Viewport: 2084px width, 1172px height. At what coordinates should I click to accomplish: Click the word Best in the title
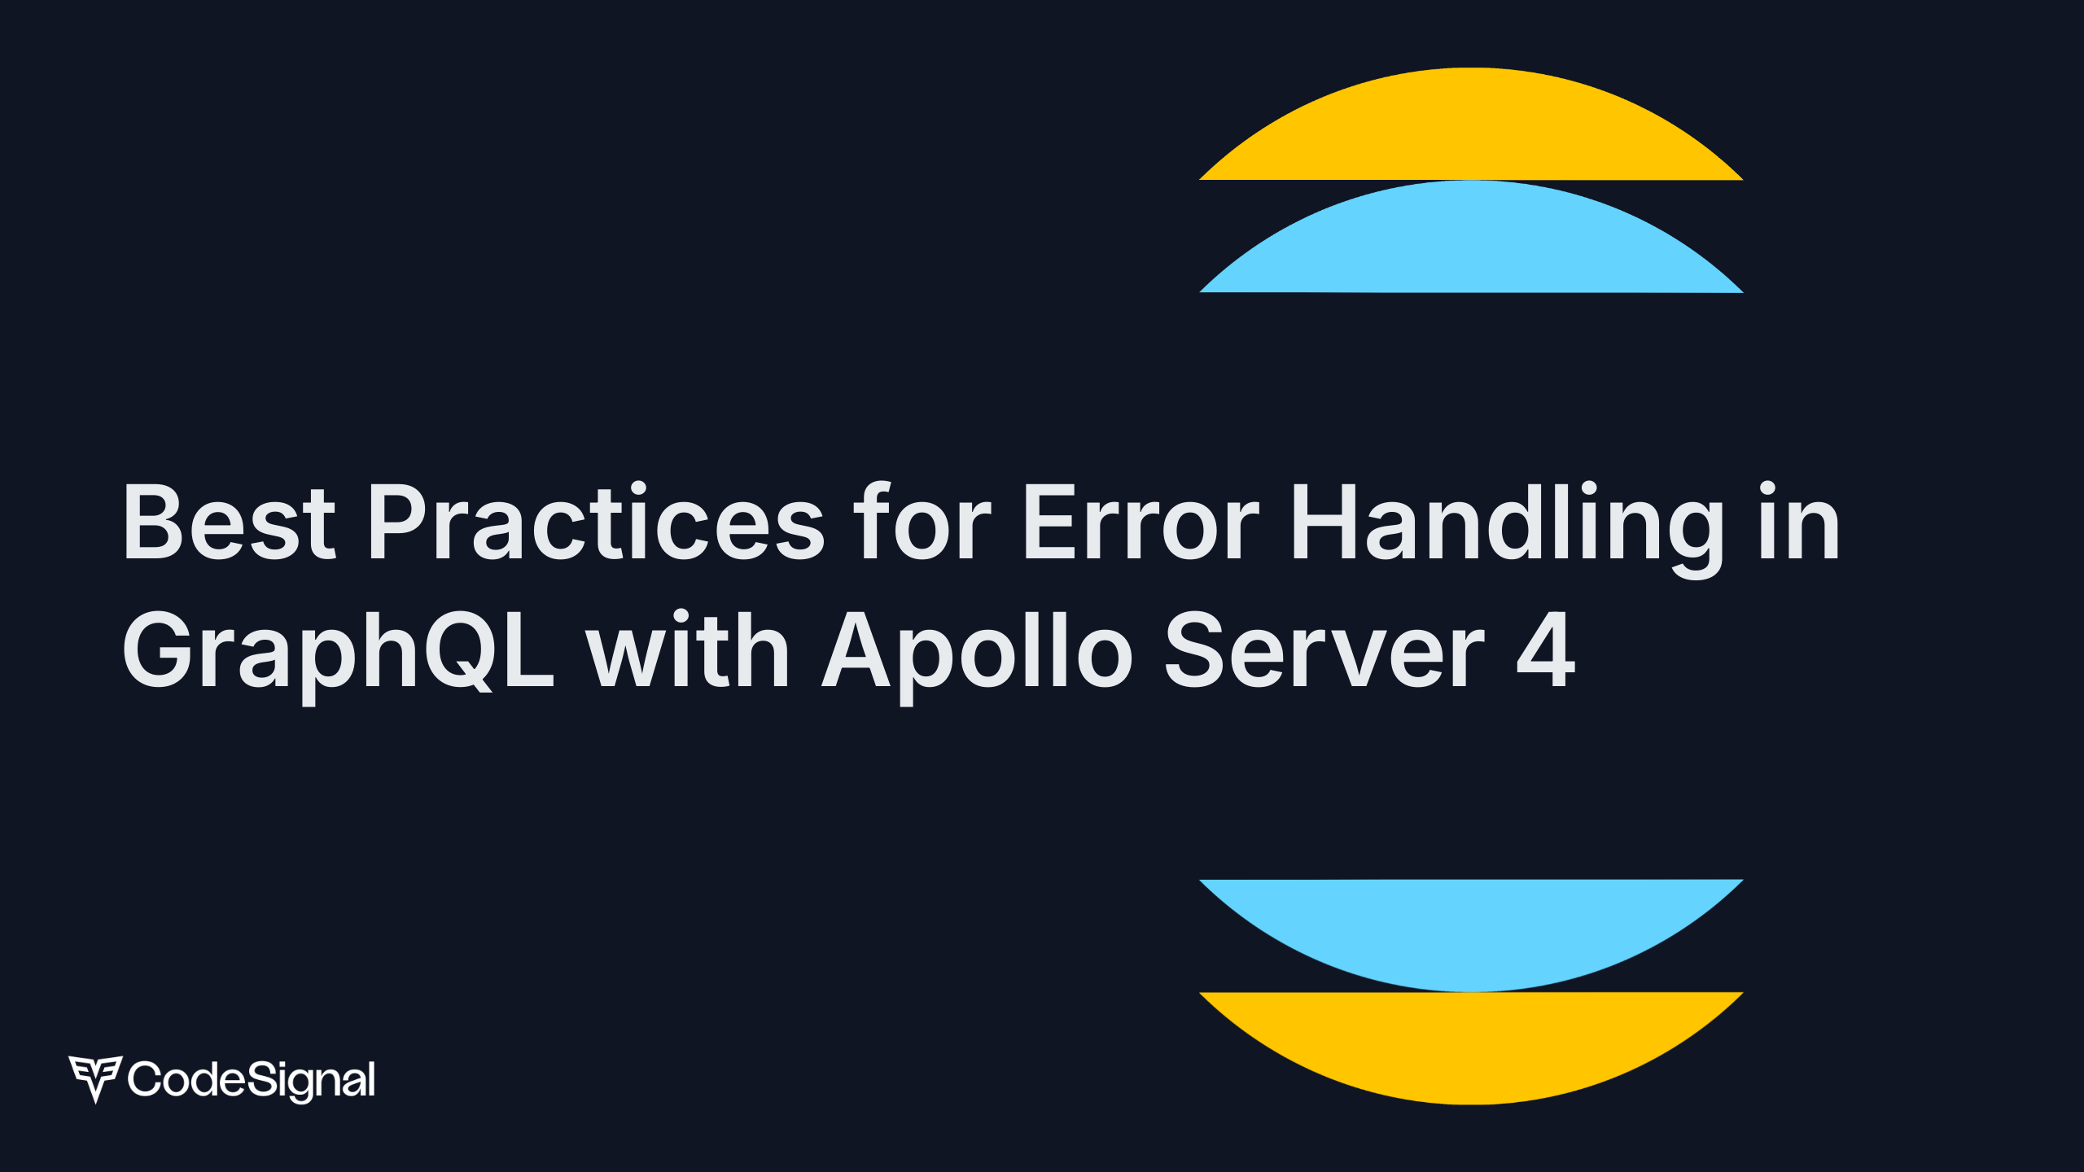coord(229,523)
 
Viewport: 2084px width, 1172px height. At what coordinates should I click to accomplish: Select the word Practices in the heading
coord(597,521)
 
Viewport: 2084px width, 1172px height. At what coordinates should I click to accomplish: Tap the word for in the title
coord(925,521)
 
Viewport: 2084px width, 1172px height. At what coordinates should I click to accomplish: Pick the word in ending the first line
coord(1799,521)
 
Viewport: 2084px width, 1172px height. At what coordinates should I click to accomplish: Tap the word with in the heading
coord(688,648)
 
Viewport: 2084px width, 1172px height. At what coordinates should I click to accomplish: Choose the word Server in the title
coord(1325,649)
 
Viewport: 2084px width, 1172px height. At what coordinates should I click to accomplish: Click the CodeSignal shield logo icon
coord(95,1078)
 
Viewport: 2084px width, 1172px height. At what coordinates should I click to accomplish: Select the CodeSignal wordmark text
coord(252,1080)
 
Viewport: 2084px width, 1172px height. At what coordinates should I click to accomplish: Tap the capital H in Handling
coord(1324,523)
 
